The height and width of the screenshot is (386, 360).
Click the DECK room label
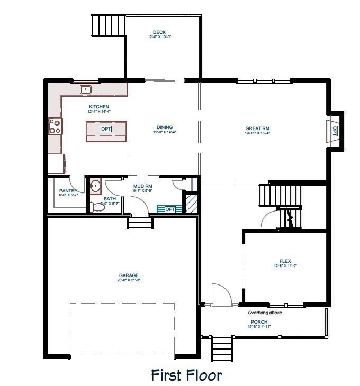click(158, 32)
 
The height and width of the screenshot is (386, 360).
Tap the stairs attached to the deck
click(108, 24)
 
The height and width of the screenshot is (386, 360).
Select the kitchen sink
click(86, 89)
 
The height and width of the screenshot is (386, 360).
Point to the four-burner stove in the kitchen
click(55, 126)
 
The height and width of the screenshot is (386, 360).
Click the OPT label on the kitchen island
click(106, 129)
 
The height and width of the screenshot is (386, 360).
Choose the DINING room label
click(165, 127)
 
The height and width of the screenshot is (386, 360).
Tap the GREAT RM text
click(257, 128)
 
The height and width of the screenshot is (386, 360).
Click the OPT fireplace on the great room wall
click(334, 131)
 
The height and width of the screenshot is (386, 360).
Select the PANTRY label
click(69, 191)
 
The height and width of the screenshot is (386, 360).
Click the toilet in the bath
click(96, 207)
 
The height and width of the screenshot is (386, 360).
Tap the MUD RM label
click(143, 187)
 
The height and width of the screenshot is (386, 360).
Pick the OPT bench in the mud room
click(169, 209)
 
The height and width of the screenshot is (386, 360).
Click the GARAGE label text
click(129, 275)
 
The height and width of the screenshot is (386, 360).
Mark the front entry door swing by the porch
click(220, 295)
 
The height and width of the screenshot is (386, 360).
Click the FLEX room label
click(285, 261)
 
